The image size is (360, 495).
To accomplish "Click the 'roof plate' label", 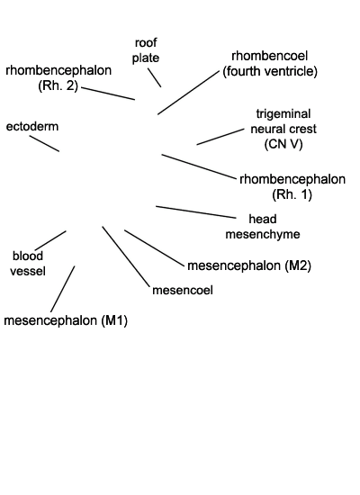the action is tap(146, 50).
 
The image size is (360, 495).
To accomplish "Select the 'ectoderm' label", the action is tap(32, 127).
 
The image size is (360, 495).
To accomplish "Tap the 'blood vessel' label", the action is tap(28, 264).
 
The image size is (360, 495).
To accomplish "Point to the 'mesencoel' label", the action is tap(183, 290).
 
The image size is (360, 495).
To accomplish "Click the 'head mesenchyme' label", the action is tap(263, 227).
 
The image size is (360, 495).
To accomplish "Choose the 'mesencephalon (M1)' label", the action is tap(66, 320).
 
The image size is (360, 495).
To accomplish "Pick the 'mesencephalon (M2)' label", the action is tap(249, 265).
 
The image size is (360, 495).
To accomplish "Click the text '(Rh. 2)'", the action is tap(58, 85).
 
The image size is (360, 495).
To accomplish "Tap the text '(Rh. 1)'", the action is tap(292, 194).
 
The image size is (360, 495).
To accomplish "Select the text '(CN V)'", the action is tap(283, 144).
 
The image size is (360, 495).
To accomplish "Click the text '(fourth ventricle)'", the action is tap(270, 71).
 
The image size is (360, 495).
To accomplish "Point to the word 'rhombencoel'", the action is tap(270, 56).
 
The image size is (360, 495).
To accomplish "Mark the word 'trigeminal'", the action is tap(283, 114).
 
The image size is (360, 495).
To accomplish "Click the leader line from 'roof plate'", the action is tap(155, 77).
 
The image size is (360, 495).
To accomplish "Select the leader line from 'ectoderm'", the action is tap(44, 144).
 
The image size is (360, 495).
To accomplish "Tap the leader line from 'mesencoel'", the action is tap(126, 256).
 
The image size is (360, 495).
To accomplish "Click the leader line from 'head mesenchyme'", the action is tap(196, 211).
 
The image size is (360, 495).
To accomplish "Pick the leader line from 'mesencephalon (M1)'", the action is tap(63, 289).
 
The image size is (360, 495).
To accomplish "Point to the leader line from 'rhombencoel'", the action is tap(188, 93).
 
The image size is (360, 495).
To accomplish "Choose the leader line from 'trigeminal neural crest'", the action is tap(220, 137).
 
